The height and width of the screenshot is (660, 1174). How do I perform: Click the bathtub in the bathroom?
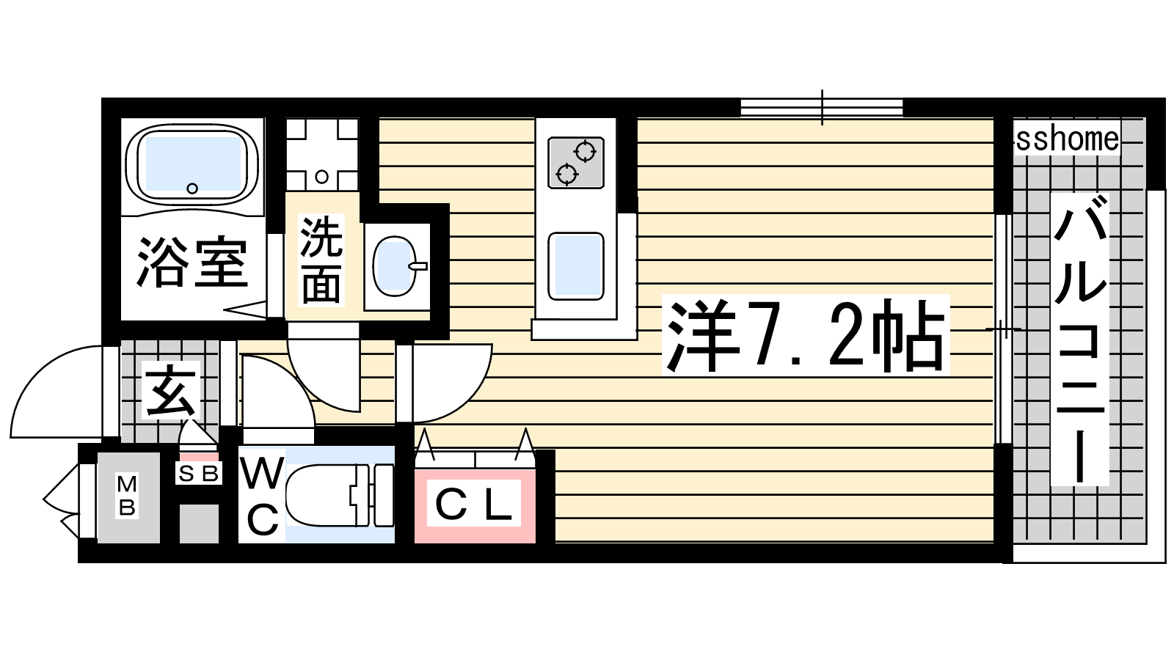[x=192, y=164]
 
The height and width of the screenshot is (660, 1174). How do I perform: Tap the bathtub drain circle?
[x=192, y=188]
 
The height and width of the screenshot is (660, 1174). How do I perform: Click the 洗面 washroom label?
[x=321, y=260]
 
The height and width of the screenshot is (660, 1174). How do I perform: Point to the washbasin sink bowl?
[x=394, y=266]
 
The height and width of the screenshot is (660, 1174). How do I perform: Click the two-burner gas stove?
[x=576, y=162]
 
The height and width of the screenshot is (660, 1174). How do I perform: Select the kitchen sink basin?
[x=576, y=267]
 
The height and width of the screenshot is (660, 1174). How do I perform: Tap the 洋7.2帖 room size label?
[x=806, y=335]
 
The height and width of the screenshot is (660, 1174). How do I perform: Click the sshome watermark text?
[x=1068, y=139]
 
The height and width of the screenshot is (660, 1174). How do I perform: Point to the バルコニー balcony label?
[x=1080, y=339]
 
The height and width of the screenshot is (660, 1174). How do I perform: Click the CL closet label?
[x=474, y=503]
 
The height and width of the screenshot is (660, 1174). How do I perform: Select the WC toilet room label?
[x=262, y=496]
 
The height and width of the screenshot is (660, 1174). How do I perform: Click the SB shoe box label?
[x=199, y=474]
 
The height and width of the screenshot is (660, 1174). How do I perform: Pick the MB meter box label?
[x=127, y=496]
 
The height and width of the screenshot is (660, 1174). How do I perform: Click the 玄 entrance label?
[x=170, y=391]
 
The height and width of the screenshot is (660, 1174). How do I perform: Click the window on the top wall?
[x=822, y=107]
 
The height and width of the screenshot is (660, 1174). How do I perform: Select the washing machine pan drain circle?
[x=322, y=177]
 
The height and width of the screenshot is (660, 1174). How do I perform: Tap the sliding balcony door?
[x=1003, y=329]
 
